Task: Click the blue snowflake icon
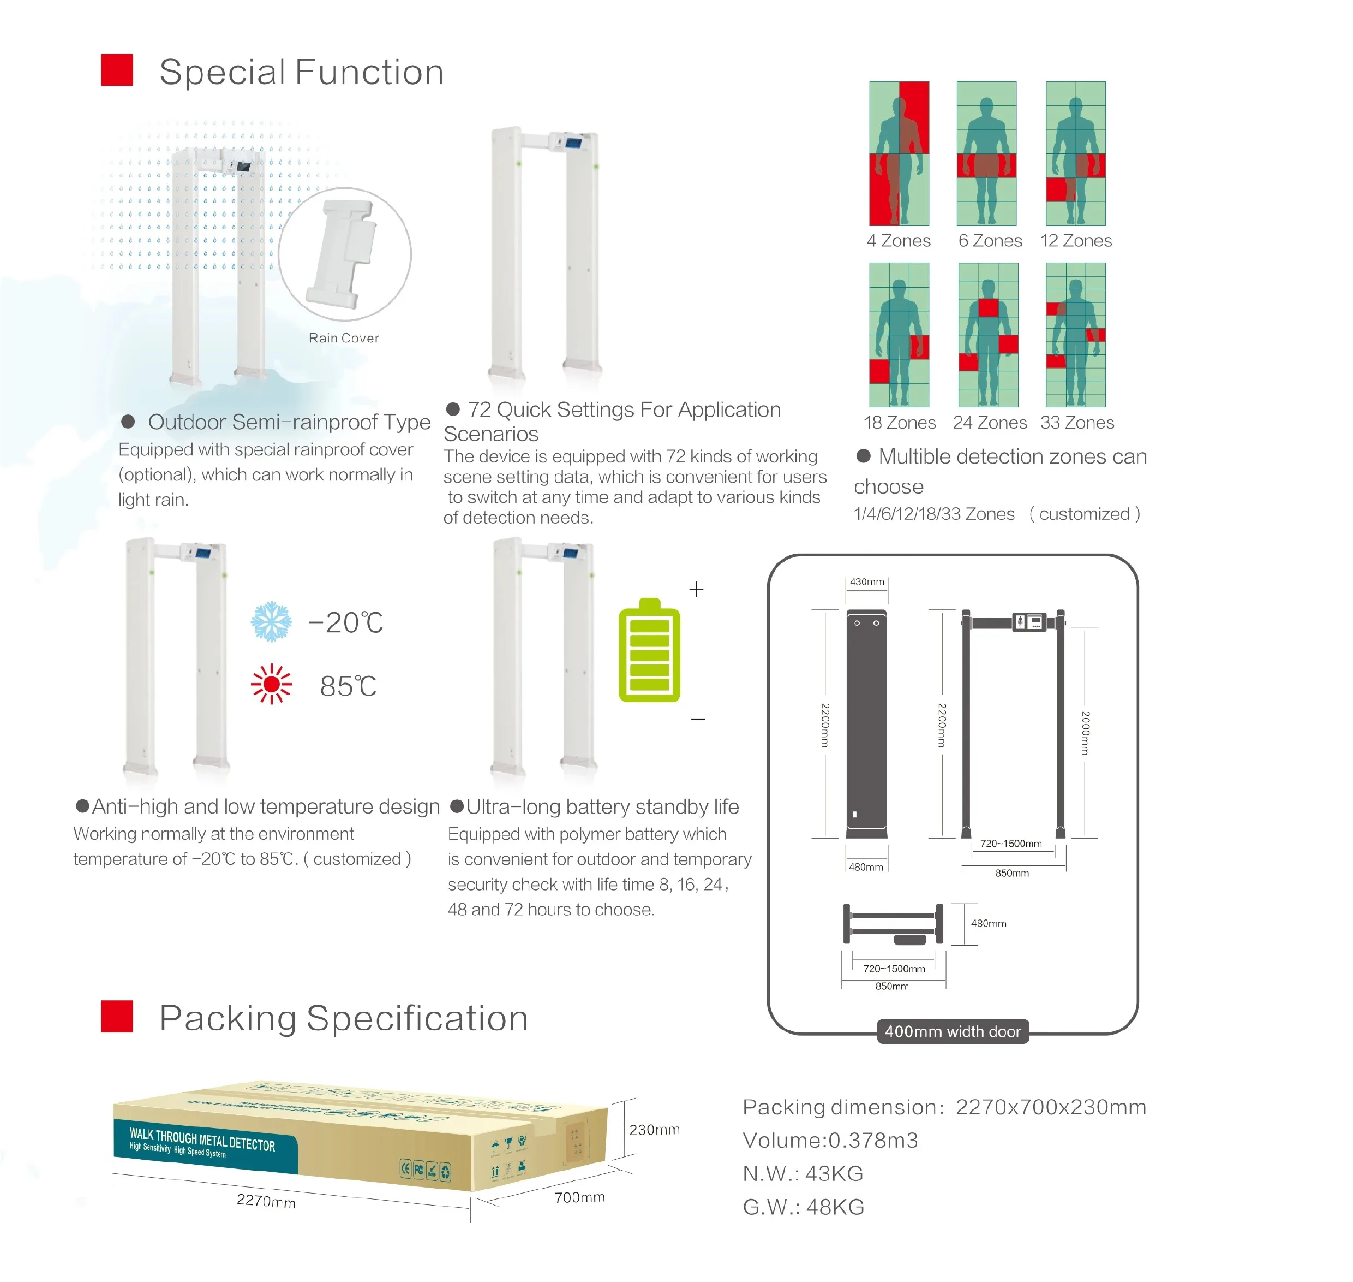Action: click(x=271, y=621)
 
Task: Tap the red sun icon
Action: click(x=271, y=684)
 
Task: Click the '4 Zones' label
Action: click(x=898, y=241)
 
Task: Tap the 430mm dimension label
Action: click(x=867, y=581)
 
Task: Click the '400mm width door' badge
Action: click(x=952, y=1032)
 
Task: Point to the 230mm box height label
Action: click(x=654, y=1130)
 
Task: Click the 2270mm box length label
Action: click(x=266, y=1201)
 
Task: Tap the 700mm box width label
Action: click(x=579, y=1197)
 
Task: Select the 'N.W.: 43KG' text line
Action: click(x=803, y=1173)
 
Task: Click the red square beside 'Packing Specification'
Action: click(x=117, y=1016)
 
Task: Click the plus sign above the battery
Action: click(x=696, y=589)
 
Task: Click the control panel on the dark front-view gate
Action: click(x=1028, y=622)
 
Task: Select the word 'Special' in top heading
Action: click(x=222, y=73)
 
